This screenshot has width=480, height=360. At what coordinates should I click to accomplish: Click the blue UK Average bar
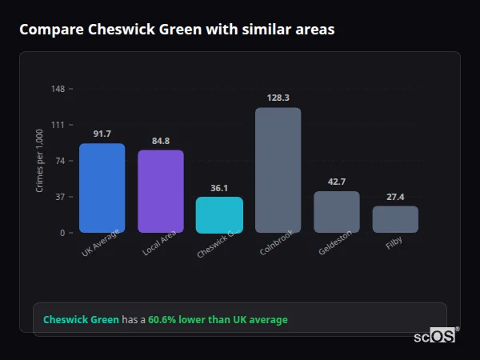[x=102, y=188]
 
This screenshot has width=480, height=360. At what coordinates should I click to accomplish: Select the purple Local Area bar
[x=160, y=191]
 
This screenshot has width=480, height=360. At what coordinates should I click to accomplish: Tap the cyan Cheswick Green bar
[x=219, y=214]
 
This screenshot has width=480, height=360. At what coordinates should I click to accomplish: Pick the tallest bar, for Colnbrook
[x=278, y=170]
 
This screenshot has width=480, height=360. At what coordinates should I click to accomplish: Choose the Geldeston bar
[x=336, y=212]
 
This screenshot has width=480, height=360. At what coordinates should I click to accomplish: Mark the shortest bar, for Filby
[x=395, y=219]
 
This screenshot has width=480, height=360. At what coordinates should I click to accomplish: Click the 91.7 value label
[x=102, y=134]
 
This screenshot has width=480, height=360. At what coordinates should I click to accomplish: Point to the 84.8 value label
[x=160, y=141]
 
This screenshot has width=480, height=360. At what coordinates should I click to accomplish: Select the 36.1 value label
[x=219, y=188]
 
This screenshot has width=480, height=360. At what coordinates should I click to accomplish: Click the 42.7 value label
[x=336, y=182]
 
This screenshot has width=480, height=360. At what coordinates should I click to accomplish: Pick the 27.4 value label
[x=395, y=197]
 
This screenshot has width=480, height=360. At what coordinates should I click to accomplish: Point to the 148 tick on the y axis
[x=58, y=88]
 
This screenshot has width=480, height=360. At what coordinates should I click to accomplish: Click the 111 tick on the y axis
[x=58, y=124]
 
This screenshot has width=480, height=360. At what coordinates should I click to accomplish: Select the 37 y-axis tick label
[x=60, y=197]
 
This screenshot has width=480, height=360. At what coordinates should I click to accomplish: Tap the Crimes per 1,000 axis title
[x=40, y=160]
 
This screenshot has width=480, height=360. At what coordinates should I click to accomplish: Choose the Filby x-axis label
[x=394, y=242]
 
